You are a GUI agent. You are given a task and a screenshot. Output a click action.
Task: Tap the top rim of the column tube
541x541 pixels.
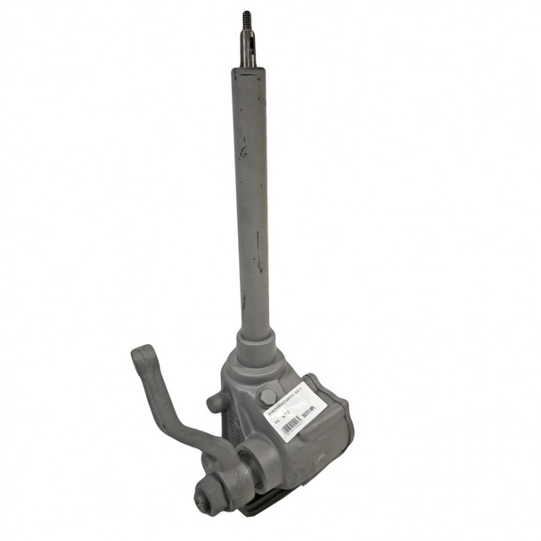[x=249, y=70]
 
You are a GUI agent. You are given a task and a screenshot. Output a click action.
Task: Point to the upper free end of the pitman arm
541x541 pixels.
[x=143, y=355]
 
